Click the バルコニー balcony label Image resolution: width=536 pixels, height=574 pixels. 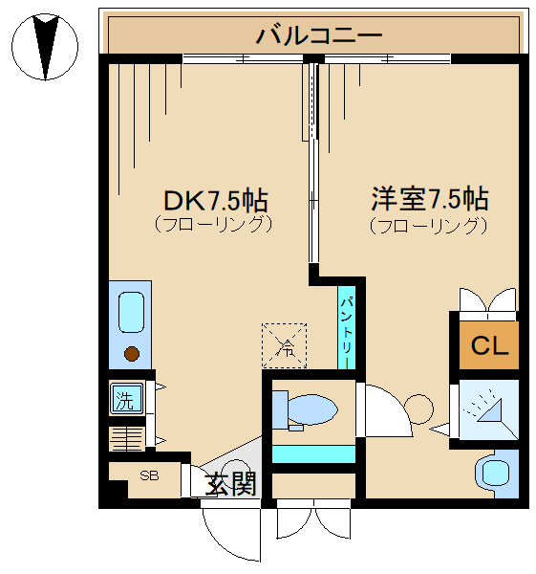[x=319, y=35]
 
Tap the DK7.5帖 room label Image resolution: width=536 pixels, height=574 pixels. [x=216, y=200]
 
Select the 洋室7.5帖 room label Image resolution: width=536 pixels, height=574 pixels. [x=430, y=199]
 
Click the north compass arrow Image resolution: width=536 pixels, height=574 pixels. [x=45, y=47]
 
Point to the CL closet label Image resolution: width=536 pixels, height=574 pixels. [x=489, y=345]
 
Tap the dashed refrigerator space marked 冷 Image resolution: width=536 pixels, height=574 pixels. [x=284, y=345]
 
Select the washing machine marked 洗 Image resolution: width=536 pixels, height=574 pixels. [x=126, y=399]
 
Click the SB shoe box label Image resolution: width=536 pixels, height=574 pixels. [x=149, y=475]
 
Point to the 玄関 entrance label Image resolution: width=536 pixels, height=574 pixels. [x=230, y=484]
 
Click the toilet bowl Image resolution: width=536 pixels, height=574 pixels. [x=305, y=410]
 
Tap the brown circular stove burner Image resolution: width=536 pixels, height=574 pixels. [x=132, y=354]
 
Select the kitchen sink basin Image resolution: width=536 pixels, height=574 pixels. [x=131, y=312]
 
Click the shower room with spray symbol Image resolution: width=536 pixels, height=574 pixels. [x=489, y=409]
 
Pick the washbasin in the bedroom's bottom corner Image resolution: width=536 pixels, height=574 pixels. [x=497, y=474]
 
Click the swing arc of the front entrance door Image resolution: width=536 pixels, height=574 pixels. [x=221, y=544]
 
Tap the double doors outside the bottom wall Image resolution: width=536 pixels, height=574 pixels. [x=313, y=519]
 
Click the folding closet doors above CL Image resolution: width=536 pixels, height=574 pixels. [x=487, y=300]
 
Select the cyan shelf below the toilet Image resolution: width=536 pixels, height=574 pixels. [x=313, y=454]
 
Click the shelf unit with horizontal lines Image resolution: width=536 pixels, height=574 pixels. [x=127, y=439]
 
